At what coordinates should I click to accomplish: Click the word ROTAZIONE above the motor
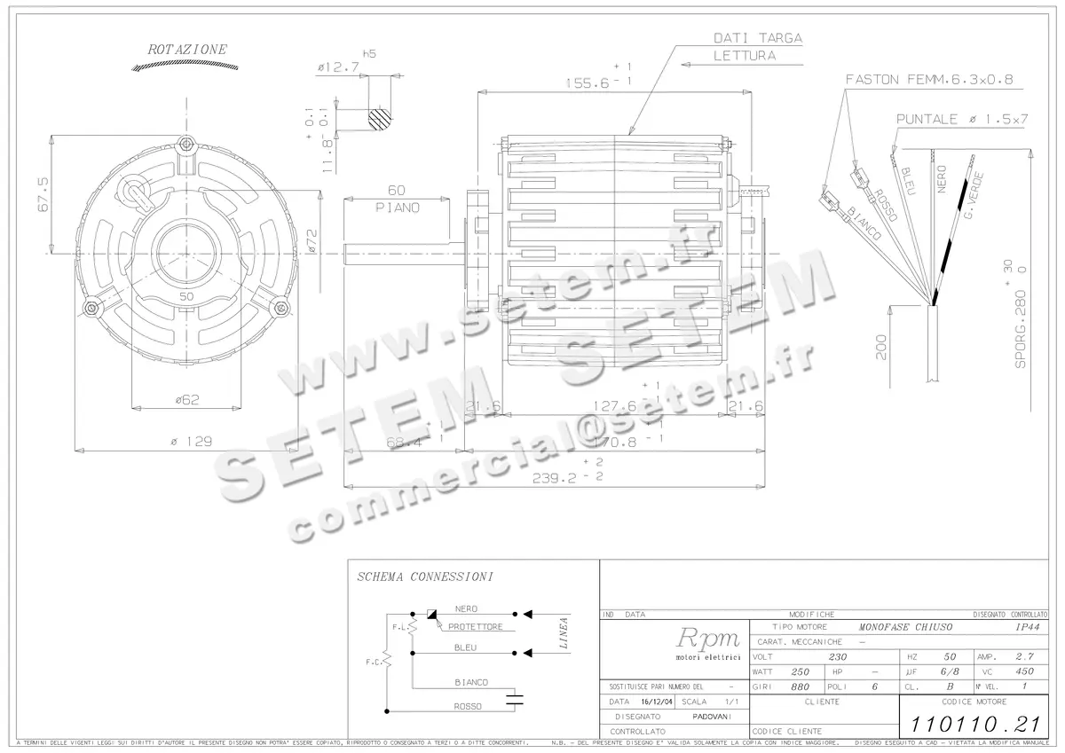tap(187, 50)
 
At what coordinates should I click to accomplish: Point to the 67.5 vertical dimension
tap(41, 193)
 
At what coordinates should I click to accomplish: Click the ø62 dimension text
tap(186, 400)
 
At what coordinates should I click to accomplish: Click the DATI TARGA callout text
tap(758, 38)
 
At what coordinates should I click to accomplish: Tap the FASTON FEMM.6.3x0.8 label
tap(928, 79)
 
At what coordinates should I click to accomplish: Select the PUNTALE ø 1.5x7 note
tap(961, 119)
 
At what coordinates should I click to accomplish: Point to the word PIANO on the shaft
tap(397, 207)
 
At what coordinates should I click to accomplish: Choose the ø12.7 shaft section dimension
tap(338, 67)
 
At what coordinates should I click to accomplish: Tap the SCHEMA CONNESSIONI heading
tap(424, 577)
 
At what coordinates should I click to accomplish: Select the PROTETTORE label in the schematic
tap(476, 627)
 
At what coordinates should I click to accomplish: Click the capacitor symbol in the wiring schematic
tap(512, 700)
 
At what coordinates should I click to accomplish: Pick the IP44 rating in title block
tap(1027, 627)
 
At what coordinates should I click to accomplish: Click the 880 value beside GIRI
tap(800, 686)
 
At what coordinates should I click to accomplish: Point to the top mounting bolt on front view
tap(186, 144)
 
